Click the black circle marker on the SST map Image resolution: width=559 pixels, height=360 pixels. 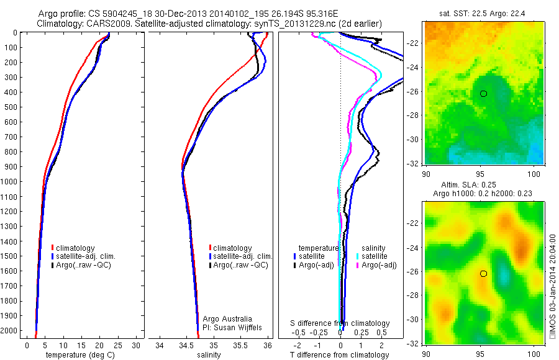click(483, 94)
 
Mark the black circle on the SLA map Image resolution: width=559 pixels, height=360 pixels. click(483, 273)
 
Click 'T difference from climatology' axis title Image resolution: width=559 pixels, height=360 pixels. click(340, 355)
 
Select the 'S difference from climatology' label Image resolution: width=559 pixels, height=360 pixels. click(340, 323)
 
